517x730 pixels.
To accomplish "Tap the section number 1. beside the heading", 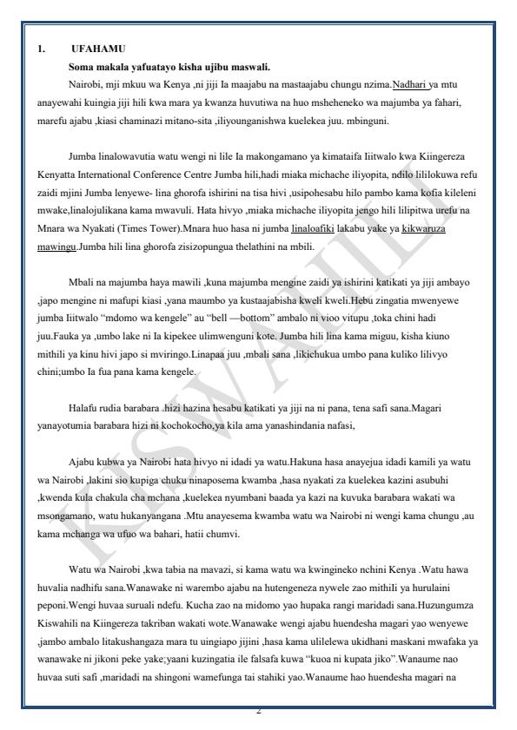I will tap(41, 49).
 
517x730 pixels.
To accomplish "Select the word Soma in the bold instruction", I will tap(83, 67).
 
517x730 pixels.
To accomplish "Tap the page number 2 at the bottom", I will tap(258, 713).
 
